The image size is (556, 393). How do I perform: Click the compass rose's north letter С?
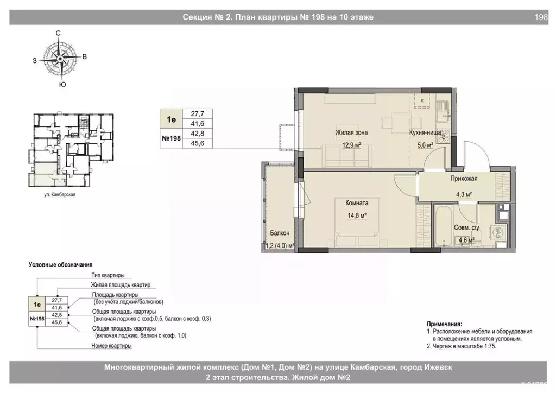pos(58,33)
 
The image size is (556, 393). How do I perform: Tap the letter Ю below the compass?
pos(62,84)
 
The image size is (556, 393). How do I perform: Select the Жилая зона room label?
pos(351,132)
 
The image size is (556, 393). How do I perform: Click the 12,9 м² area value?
pos(351,145)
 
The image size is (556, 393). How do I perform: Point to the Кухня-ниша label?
pos(425,132)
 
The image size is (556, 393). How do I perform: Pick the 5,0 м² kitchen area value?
pos(425,145)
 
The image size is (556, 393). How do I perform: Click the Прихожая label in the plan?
pos(464,179)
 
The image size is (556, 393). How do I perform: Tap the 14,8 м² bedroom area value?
pos(357,215)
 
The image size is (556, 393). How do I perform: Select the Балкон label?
pos(280,233)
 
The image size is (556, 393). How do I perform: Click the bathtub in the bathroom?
pos(443,226)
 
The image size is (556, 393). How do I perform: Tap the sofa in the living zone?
pos(347,156)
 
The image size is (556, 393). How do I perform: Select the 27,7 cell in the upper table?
pos(197,114)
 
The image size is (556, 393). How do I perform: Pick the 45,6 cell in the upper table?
pos(197,143)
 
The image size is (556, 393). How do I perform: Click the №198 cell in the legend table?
pos(37,319)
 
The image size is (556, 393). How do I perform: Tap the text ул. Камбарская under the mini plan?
pos(60,194)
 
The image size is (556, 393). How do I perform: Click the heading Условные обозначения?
pos(60,265)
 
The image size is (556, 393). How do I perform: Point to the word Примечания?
pos(444,324)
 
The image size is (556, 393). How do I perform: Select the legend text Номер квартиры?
pos(111,346)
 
